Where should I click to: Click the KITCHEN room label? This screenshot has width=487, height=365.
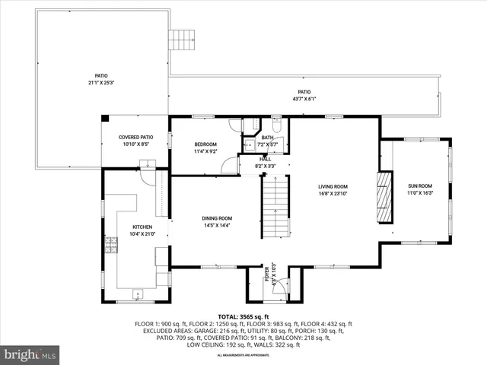(x=142, y=227)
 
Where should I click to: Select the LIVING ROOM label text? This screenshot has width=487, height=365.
(x=333, y=186)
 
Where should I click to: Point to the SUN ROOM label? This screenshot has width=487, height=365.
(x=420, y=186)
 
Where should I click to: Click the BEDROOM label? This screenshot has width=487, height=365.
(x=205, y=144)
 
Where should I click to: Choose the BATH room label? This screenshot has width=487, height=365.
(x=268, y=138)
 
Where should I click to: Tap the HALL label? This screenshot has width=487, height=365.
(x=265, y=159)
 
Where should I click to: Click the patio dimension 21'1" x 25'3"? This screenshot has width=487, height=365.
(x=100, y=82)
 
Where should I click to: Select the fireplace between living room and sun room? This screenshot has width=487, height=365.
(x=384, y=197)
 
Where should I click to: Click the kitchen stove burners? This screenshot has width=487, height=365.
(x=111, y=245)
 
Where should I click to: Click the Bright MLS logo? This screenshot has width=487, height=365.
(x=30, y=354)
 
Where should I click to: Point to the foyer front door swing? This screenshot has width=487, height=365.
(x=280, y=286)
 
